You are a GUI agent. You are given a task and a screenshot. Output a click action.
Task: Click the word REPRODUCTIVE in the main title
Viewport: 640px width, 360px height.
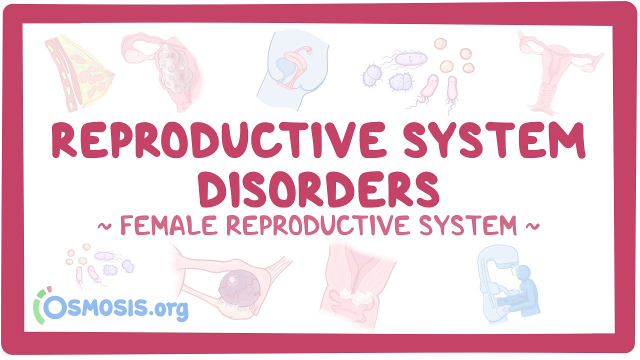tap(218, 139)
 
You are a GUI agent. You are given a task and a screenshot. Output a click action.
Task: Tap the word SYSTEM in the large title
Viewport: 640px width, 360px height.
tap(494, 139)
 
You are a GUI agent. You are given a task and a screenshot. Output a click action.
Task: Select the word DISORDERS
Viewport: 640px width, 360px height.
tap(318, 189)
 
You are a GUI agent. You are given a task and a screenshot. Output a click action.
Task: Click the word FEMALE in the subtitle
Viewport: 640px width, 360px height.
tap(169, 225)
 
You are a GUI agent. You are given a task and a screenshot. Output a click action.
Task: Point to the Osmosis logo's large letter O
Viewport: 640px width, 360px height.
tap(55, 307)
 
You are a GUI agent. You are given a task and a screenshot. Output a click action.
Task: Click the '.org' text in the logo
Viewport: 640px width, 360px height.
tap(168, 309)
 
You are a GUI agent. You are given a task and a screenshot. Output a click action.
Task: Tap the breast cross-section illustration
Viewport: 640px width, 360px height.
tap(79, 73)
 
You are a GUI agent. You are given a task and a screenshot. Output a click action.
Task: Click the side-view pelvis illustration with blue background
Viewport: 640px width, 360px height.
tap(293, 70)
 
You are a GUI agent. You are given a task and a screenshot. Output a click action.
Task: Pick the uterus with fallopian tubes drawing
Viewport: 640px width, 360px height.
tap(560, 73)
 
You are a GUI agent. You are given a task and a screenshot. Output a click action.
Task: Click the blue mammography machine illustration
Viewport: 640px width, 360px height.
tap(508, 285)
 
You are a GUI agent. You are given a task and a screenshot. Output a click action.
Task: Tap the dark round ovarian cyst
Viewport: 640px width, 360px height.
tap(239, 288)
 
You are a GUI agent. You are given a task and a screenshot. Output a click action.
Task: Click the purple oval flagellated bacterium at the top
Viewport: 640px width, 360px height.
tap(411, 59)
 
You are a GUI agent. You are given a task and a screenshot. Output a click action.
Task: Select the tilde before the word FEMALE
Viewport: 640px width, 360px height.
tap(104, 226)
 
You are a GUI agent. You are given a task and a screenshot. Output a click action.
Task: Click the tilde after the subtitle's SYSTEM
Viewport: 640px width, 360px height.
tap(532, 226)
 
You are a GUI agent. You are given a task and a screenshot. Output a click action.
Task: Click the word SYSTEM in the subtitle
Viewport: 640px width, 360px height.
tap(468, 225)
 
